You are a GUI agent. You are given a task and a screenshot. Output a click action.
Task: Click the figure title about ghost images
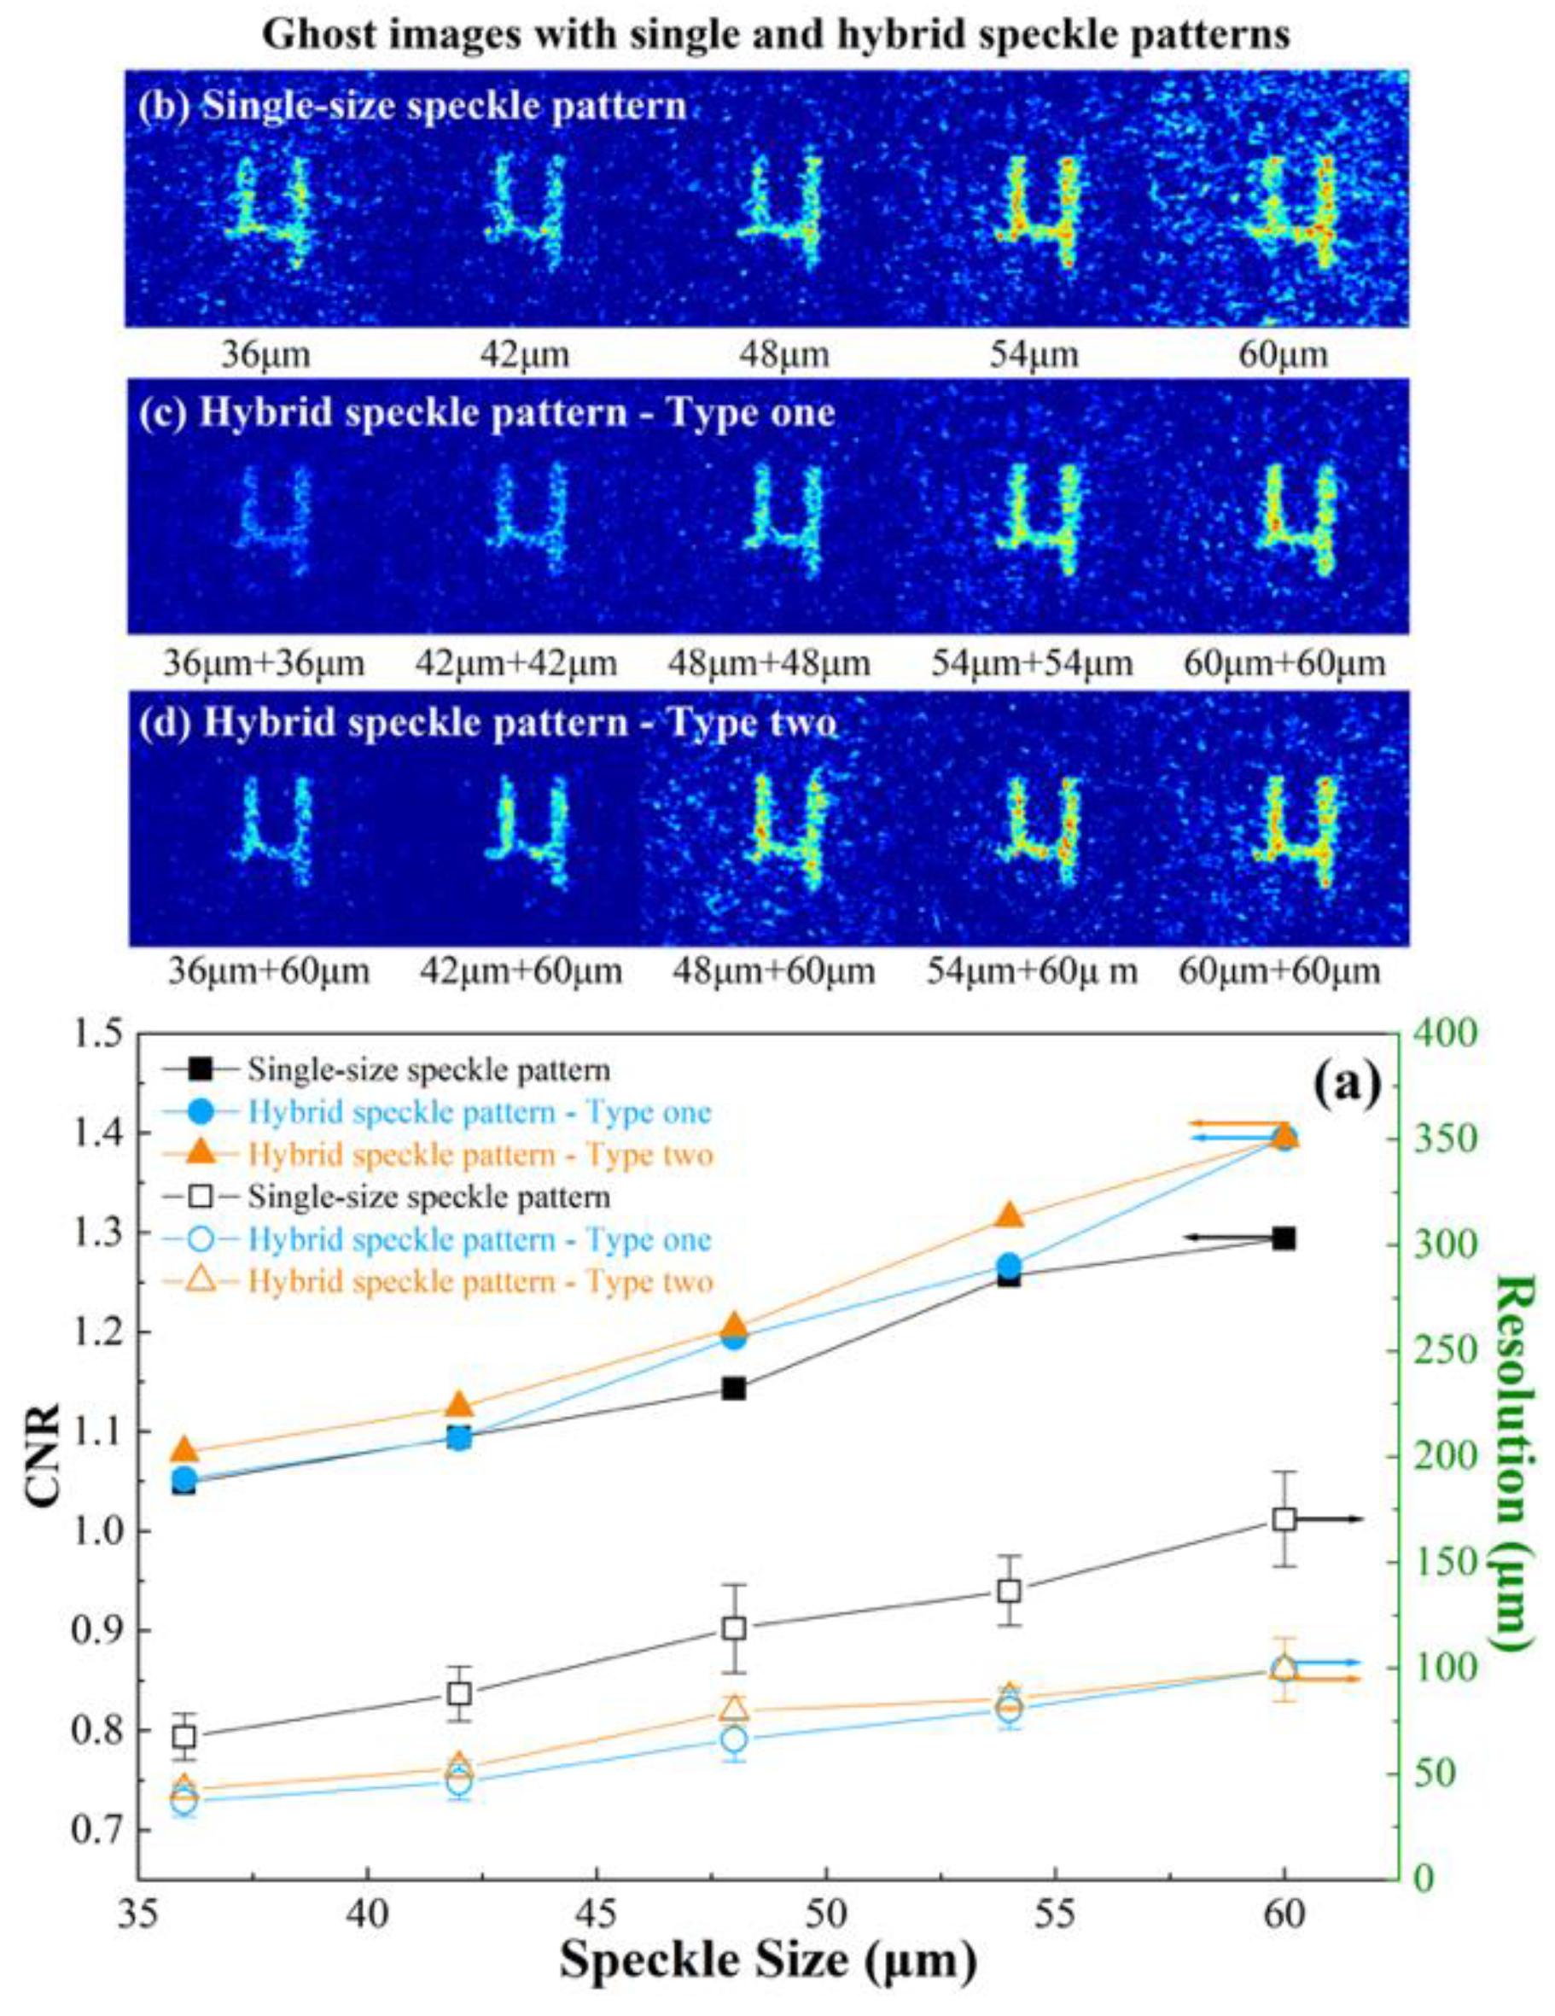click(776, 35)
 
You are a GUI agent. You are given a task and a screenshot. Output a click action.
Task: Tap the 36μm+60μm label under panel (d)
click(269, 971)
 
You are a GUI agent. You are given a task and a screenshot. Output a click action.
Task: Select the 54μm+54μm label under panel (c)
click(1032, 663)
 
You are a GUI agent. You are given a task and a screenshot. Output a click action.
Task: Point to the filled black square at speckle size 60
click(1284, 1238)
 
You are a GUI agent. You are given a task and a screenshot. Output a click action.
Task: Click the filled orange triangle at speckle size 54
click(1010, 1215)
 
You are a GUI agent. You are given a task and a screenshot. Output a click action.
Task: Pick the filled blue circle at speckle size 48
click(734, 1337)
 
